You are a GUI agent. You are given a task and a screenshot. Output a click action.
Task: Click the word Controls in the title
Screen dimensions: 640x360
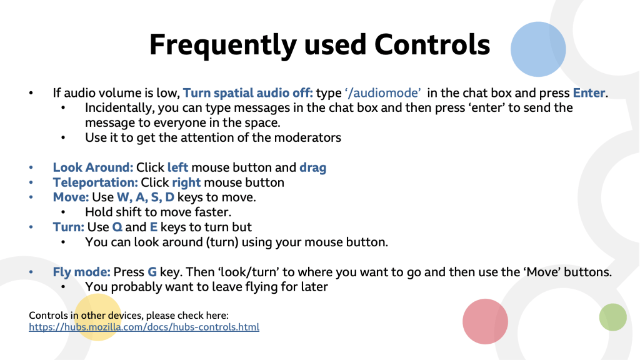(432, 44)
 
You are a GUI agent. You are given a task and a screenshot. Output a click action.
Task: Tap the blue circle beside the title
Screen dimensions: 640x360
(538, 49)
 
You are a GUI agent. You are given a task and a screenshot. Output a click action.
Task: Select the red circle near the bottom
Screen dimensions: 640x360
(485, 322)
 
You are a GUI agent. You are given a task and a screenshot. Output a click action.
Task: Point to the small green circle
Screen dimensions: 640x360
(612, 317)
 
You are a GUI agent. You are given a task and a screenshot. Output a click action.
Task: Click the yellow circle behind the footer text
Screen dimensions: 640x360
(98, 317)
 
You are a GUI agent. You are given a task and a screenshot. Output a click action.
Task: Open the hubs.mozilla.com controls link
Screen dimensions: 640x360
(144, 327)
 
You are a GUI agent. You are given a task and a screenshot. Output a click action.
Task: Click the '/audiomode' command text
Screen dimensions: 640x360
(383, 93)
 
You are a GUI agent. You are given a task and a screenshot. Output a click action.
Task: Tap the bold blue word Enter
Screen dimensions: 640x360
(589, 92)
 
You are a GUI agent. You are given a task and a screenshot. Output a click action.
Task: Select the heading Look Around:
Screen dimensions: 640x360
(93, 167)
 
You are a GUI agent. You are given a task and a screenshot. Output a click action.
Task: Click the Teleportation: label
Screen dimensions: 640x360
(96, 182)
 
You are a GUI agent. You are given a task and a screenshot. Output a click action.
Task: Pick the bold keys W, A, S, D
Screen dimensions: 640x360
(145, 197)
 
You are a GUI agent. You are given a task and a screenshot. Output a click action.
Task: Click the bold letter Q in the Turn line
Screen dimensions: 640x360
(117, 227)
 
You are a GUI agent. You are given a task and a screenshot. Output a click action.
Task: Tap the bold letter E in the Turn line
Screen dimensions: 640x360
(154, 227)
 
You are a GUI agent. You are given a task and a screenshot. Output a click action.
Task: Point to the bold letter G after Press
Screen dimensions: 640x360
(152, 272)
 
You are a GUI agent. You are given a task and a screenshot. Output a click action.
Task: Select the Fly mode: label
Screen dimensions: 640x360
(82, 272)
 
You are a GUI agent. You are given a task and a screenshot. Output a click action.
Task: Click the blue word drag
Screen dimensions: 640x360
(312, 167)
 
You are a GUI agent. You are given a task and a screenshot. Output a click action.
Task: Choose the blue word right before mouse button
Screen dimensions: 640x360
(186, 182)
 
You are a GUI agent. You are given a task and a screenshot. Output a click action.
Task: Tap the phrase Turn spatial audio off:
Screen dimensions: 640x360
(247, 93)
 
